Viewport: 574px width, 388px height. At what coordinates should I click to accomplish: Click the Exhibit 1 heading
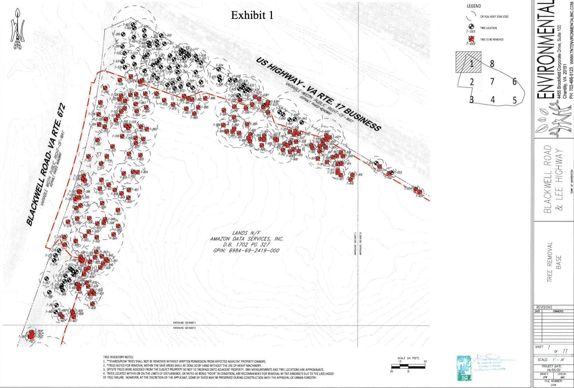[252, 15]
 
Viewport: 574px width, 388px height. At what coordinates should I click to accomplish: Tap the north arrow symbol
[17, 30]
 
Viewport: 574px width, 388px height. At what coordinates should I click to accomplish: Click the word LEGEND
[474, 6]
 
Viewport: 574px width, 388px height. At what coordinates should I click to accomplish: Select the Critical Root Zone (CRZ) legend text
[494, 17]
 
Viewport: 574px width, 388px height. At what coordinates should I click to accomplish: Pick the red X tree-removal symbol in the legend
[471, 39]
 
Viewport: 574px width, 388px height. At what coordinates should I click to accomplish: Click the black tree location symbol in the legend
[471, 27]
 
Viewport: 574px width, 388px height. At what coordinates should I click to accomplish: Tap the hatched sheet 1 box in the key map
[468, 62]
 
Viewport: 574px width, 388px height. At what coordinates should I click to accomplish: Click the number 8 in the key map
[492, 64]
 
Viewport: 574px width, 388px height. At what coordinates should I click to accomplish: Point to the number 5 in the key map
[515, 100]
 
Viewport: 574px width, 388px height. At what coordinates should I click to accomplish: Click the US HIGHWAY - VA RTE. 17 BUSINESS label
[318, 94]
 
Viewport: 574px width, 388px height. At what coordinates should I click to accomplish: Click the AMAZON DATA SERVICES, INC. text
[246, 239]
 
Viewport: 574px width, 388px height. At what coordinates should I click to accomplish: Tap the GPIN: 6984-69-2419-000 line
[246, 250]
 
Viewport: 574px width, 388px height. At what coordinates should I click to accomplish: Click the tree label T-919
[359, 175]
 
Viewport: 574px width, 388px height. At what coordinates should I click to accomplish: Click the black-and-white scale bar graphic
[408, 366]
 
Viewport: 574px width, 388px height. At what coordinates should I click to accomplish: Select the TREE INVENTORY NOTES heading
[118, 357]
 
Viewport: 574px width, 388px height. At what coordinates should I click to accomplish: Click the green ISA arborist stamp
[464, 368]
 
